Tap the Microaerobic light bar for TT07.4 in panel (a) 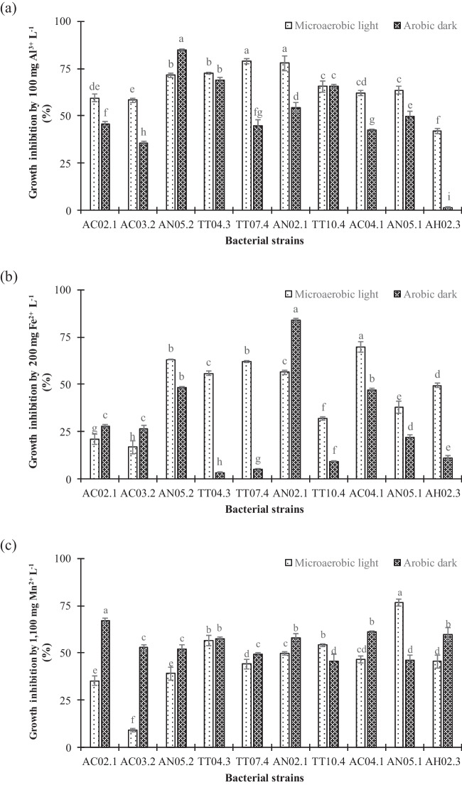point(247,136)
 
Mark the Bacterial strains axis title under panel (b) point(263,509)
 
